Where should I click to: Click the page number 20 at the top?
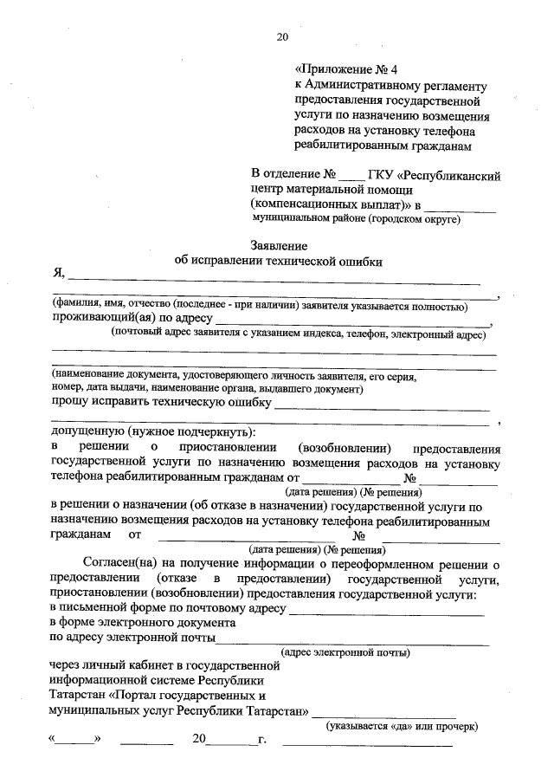[281, 36]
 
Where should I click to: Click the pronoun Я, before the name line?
[59, 275]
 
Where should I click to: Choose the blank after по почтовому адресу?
[385, 612]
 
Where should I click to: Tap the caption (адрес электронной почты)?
[345, 652]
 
